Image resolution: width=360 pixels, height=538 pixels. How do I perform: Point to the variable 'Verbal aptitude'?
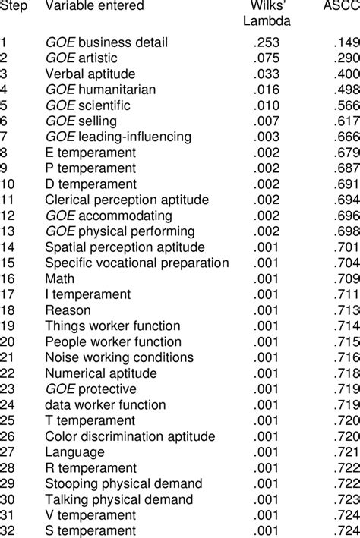pos(90,74)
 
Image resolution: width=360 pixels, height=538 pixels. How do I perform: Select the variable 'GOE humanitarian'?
pos(100,90)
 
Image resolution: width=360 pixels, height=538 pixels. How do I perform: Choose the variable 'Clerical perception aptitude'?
pos(126,200)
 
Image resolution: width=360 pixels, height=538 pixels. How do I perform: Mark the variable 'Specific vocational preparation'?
pos(137,263)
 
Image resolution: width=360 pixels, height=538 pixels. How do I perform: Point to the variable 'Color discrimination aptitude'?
pos(126,436)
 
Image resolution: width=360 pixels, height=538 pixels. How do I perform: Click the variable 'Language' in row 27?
pos(71,451)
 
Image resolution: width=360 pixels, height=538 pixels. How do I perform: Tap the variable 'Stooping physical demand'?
pos(124,483)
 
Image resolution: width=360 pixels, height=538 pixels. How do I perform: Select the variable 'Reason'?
pos(68,310)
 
